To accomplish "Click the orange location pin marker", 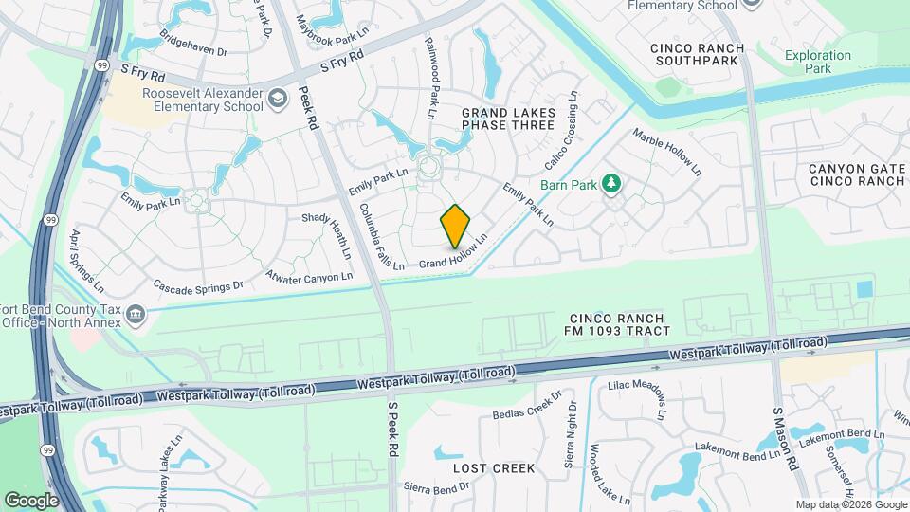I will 456,226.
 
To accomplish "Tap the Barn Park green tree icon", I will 612,183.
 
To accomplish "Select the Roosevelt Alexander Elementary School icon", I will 278,98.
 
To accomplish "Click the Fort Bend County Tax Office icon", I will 136,314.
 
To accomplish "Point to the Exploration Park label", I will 818,62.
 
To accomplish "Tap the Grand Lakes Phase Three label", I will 507,119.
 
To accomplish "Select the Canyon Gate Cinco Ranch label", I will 857,174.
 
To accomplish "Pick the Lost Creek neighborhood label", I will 494,468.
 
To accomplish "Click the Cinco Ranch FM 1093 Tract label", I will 620,324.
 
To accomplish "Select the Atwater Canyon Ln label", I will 309,277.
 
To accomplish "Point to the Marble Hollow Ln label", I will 667,151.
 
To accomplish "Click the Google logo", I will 31,500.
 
